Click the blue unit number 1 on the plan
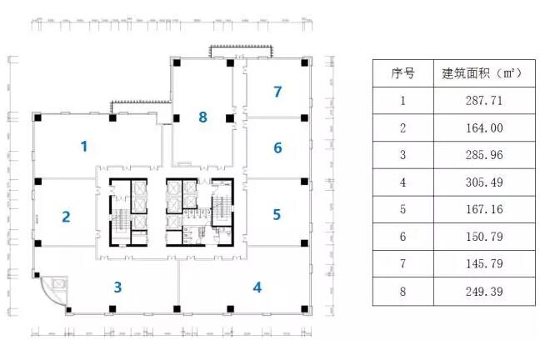pos(84,147)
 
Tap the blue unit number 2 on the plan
pos(66,217)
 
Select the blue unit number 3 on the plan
pos(118,287)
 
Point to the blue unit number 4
pos(257,287)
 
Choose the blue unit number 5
pos(277,214)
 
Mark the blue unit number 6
pos(277,148)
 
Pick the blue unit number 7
pos(277,91)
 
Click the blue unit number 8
pos(202,117)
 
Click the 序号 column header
pos(402,73)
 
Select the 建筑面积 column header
pos(481,73)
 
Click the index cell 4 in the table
pos(402,182)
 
